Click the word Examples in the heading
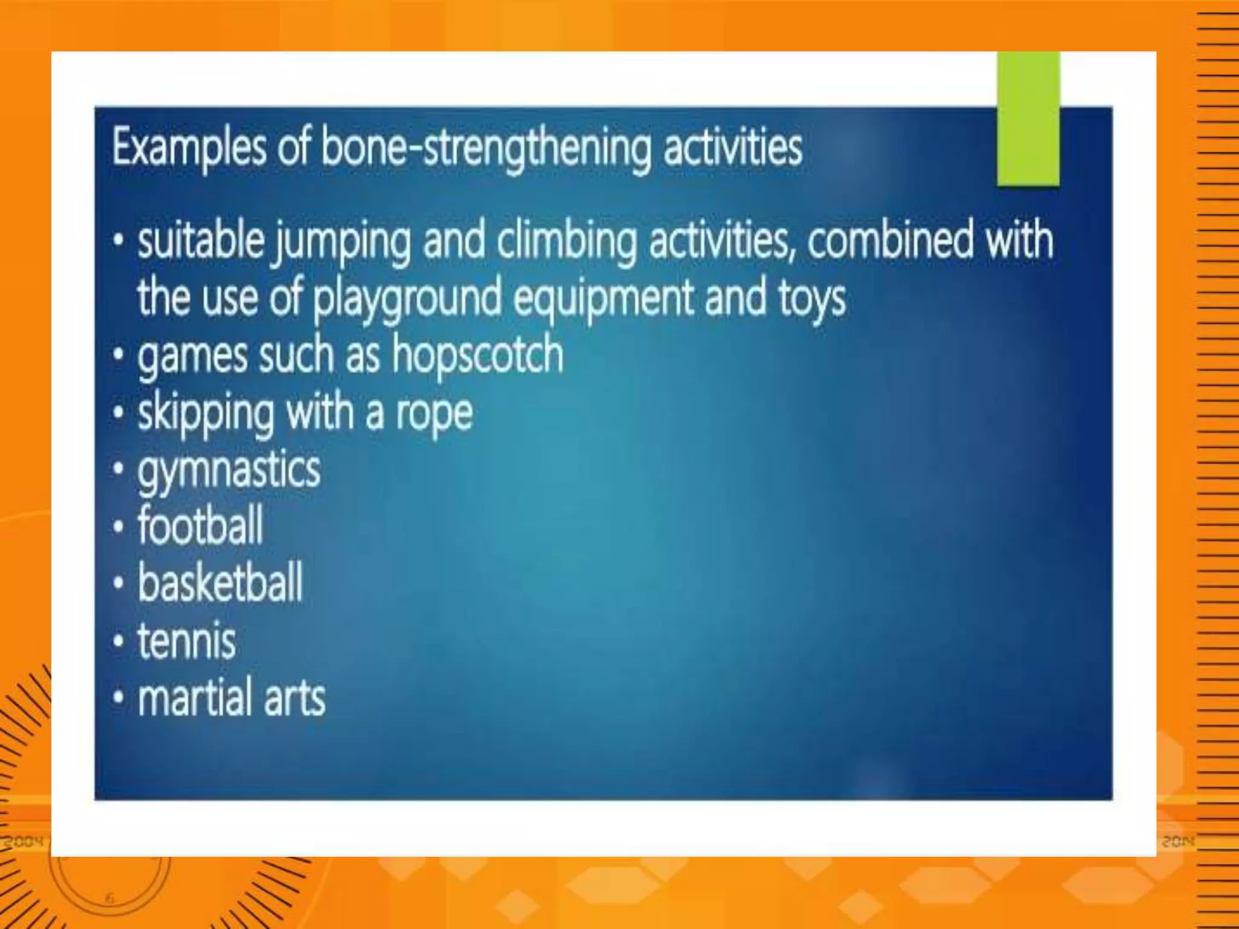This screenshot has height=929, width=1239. [189, 148]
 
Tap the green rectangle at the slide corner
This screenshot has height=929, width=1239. [1028, 119]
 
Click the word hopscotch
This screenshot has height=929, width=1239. [477, 356]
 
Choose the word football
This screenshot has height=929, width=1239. [200, 526]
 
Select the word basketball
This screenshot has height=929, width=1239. [220, 582]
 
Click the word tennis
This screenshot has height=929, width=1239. [186, 641]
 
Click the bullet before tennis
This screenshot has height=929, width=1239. [119, 641]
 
